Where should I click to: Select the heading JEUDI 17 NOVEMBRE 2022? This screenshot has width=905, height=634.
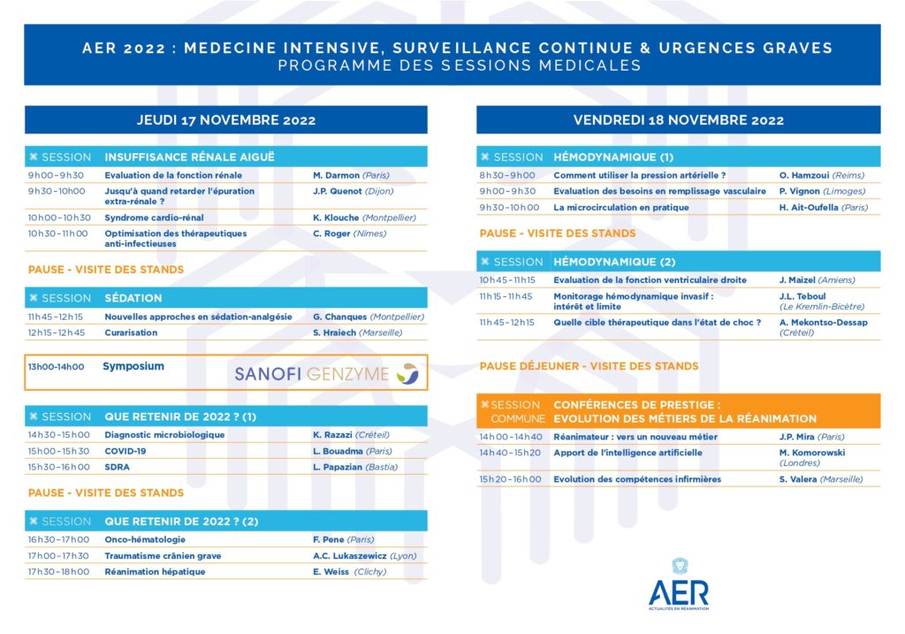pos(225,120)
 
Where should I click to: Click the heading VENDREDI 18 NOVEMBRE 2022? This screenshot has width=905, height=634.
pos(678,120)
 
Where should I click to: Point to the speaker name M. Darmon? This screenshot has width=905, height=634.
pos(336,175)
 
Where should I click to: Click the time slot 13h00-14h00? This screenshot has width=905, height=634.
pos(57,367)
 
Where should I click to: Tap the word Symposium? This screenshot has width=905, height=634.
pos(133,366)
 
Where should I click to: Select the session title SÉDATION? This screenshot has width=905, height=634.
pos(133,298)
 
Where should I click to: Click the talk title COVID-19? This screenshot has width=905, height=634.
pos(125,451)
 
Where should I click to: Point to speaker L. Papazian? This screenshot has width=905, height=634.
pos(338,467)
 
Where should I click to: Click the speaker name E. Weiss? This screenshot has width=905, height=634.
pos(331,571)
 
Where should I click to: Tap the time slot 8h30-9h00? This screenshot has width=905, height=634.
pos(507,175)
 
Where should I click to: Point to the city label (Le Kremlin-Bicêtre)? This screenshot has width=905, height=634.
pos(821,307)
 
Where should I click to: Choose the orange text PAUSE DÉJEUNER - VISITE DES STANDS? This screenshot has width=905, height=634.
pos(589,366)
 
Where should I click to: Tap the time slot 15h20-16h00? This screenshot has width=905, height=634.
pos(511,479)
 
